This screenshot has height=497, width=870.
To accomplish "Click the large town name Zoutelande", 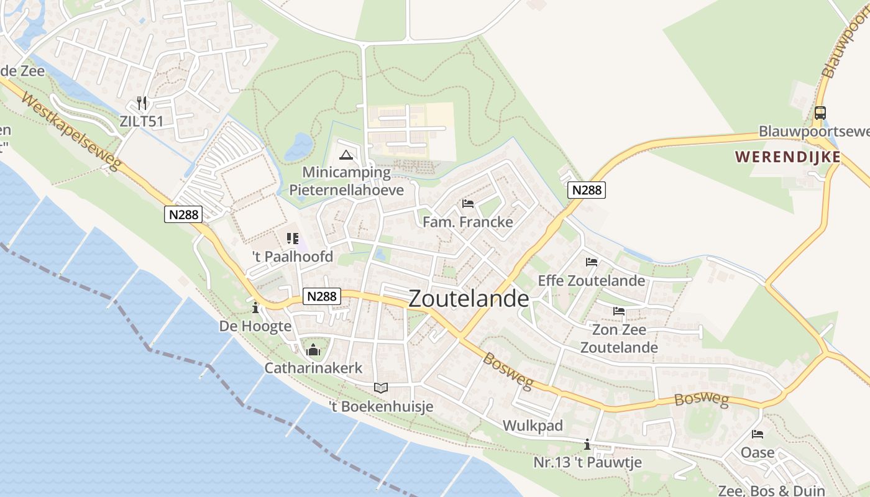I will (x=469, y=299).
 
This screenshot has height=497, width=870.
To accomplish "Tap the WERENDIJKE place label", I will (x=788, y=157).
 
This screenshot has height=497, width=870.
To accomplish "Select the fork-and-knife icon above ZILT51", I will (x=142, y=103).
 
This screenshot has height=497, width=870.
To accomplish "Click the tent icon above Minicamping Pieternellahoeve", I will (x=346, y=154).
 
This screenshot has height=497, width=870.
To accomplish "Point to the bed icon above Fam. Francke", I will (x=468, y=204).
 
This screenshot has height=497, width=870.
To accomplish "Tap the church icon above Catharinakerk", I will (x=313, y=350).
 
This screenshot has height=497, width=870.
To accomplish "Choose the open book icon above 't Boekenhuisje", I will (x=381, y=388).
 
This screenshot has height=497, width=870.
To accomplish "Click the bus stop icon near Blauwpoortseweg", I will (x=820, y=113).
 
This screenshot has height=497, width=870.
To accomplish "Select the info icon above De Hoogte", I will (x=255, y=308).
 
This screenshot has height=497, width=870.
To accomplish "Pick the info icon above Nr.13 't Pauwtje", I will (x=587, y=445).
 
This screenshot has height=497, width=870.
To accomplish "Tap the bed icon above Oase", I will (x=758, y=434).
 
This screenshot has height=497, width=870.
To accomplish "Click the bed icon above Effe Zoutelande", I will (x=592, y=262).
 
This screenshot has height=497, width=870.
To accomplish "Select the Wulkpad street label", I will (x=533, y=426).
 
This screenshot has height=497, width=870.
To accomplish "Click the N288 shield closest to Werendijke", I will (x=587, y=190).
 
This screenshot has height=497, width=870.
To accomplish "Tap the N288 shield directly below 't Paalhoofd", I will (x=322, y=296).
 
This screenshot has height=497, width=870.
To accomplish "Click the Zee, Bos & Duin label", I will (x=772, y=490).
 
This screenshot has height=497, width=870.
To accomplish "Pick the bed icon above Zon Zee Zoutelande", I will (x=619, y=311).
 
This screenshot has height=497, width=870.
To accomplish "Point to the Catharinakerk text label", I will (x=313, y=368).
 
